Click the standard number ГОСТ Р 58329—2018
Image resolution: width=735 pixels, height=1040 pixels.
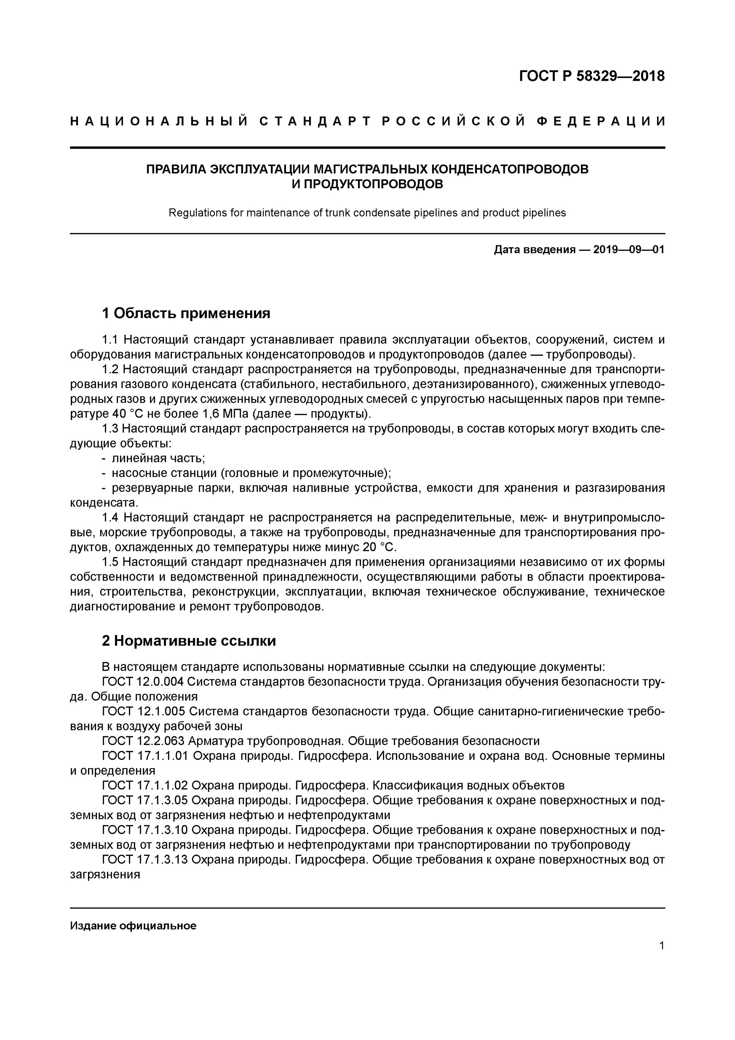tap(592, 76)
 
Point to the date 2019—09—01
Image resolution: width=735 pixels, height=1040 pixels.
tap(629, 250)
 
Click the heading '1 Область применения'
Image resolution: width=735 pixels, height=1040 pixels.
tap(186, 313)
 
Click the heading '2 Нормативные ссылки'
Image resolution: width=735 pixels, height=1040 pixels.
tap(189, 641)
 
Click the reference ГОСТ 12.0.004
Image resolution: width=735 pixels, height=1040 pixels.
tap(143, 682)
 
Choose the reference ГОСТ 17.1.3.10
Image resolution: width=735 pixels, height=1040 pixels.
tap(145, 830)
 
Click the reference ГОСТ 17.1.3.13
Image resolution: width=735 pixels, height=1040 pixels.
tap(145, 860)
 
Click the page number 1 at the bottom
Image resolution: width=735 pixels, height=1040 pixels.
tap(662, 946)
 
